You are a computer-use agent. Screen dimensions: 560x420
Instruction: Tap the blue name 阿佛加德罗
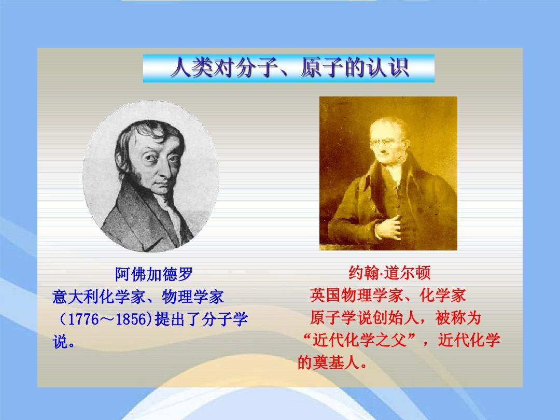154,274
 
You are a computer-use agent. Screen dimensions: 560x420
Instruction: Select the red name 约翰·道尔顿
389,273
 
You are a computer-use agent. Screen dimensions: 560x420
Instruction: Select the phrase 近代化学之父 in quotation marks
360,340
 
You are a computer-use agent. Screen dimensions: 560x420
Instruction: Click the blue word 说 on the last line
60,342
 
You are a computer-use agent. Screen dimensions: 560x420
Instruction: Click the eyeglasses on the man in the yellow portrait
387,143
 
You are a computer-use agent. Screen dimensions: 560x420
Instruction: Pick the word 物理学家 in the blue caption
193,297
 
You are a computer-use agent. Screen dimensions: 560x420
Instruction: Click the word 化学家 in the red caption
443,296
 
